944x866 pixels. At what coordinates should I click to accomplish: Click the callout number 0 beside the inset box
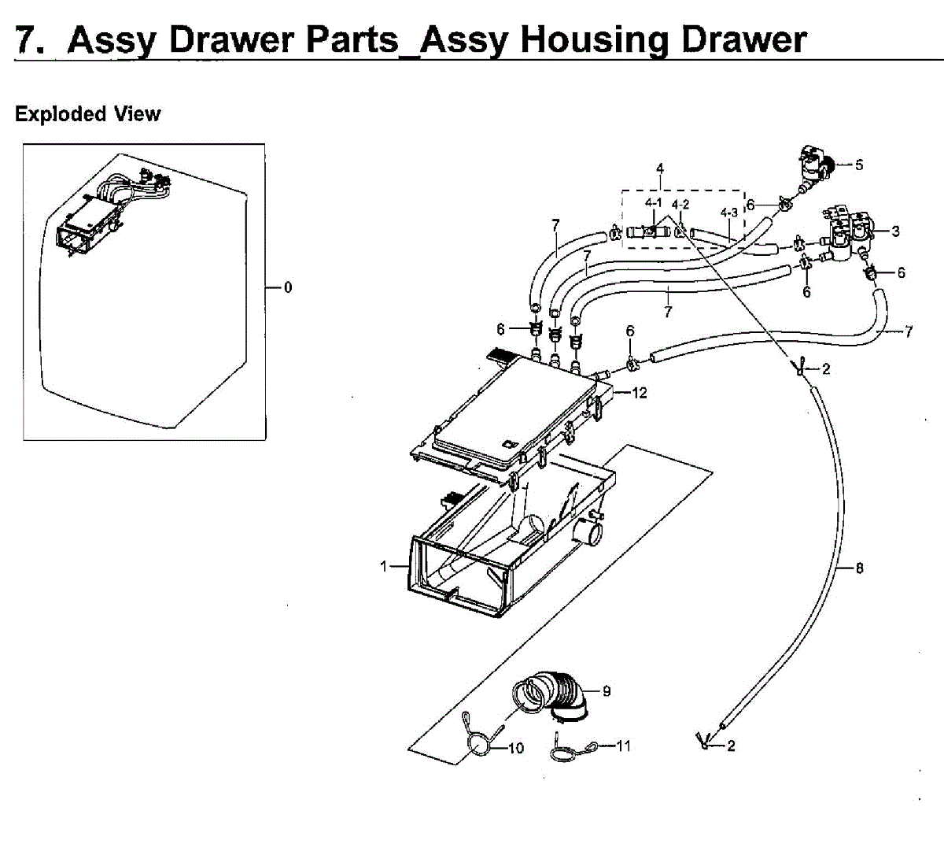tap(288, 287)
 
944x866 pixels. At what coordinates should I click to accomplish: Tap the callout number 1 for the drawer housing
tap(384, 566)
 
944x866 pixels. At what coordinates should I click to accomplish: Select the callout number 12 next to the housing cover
tap(639, 392)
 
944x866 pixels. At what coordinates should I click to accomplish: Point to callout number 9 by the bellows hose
tap(607, 691)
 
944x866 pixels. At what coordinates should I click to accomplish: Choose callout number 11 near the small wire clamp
tap(623, 746)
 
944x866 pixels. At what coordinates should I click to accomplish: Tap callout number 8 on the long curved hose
tap(859, 567)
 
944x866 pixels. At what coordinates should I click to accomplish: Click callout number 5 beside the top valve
tap(859, 165)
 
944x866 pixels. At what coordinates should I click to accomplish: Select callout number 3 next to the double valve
tap(895, 231)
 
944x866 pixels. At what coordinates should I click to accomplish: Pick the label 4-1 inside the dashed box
tap(654, 204)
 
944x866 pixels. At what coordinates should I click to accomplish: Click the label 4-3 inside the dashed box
tap(729, 213)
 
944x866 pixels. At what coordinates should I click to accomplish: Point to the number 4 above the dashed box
tap(660, 168)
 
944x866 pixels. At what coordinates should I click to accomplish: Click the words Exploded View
tap(87, 114)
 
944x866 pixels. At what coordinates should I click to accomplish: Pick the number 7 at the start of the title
tap(28, 39)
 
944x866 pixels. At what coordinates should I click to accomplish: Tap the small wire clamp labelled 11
tap(566, 750)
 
